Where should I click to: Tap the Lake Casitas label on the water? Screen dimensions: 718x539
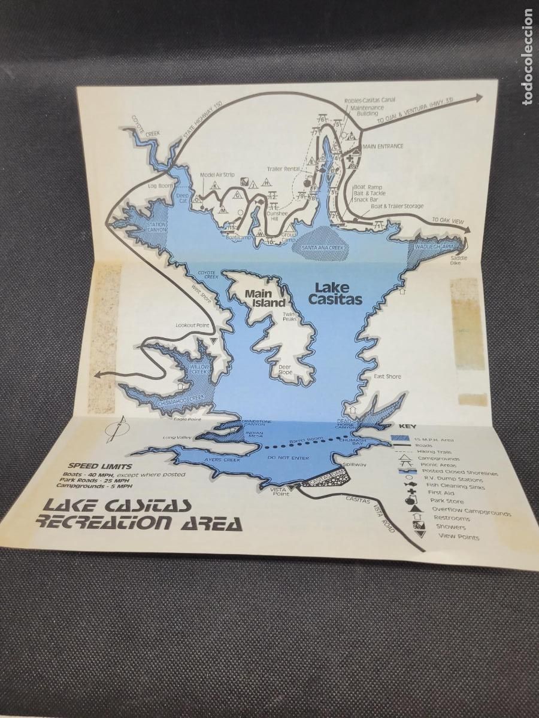[335, 293]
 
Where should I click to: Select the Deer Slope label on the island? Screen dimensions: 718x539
[285, 370]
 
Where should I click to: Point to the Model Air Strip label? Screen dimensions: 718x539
[216, 175]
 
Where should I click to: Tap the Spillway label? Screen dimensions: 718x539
[354, 465]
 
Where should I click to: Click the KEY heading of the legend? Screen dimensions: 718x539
[407, 427]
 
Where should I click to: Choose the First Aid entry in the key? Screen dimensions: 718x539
[441, 492]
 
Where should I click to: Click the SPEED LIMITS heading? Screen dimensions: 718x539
[100, 466]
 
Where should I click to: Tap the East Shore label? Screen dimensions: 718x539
[387, 376]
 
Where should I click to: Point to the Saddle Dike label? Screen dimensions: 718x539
[459, 261]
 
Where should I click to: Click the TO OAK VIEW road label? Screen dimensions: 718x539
[449, 221]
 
